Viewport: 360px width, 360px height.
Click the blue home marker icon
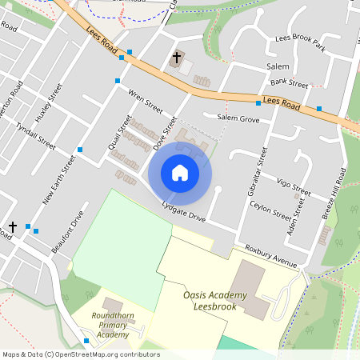click(180, 173)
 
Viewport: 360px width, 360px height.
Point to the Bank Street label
click(289, 83)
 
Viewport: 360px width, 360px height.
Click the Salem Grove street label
click(238, 118)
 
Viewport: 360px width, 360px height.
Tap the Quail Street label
click(119, 133)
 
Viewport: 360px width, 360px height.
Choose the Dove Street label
click(165, 133)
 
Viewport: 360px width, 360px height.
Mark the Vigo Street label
click(294, 188)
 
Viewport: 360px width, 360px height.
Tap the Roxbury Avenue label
click(271, 255)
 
